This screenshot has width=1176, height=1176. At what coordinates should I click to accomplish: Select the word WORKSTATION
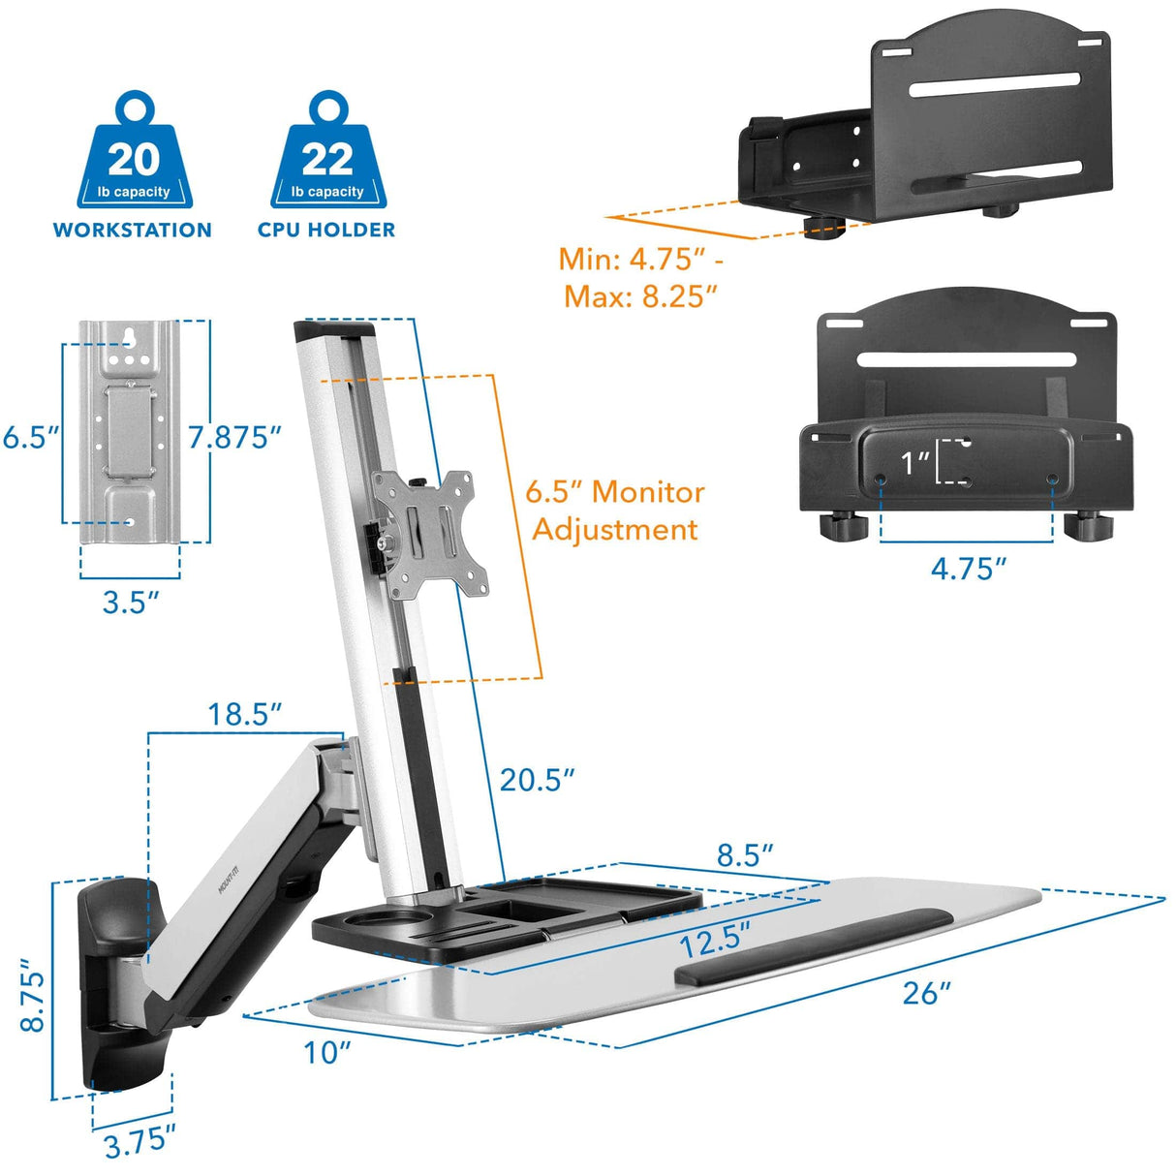coord(133,231)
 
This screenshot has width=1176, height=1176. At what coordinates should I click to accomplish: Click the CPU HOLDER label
coord(326,231)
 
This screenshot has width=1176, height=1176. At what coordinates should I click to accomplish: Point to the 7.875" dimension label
coord(234,437)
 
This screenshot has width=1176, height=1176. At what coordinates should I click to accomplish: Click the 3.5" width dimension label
coord(131,602)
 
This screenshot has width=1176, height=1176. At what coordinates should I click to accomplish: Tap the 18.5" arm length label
coord(244,715)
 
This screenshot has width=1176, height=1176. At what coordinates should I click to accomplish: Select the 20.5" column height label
coord(537,779)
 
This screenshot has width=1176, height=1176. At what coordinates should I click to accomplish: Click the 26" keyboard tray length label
coord(926,993)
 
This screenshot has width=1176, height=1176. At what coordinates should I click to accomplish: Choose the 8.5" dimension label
coord(745,855)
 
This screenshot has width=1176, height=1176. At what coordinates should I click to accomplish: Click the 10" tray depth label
coord(326,1052)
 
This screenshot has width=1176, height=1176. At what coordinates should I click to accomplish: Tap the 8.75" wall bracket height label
coord(32,996)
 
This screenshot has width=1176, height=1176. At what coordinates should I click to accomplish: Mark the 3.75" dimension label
coord(140,1143)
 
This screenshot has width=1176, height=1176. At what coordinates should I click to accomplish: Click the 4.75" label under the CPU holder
coord(969,569)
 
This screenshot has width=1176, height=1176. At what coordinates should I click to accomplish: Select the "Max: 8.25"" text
coord(641,296)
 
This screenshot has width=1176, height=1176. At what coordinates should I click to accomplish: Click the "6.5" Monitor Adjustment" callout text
coord(615,511)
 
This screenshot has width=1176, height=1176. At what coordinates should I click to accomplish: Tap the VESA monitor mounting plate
coord(431,532)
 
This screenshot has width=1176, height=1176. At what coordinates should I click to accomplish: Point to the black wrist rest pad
coord(810,944)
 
